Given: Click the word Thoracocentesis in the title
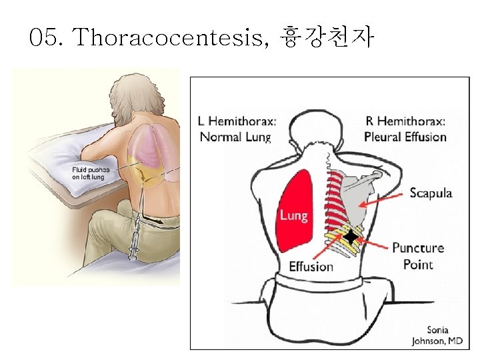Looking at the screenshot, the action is [171, 38].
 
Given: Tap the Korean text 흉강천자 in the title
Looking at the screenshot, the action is [327, 38].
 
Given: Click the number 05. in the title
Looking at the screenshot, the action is [47, 38].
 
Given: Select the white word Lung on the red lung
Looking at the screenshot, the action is [293, 215].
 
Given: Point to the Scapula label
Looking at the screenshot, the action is [431, 193].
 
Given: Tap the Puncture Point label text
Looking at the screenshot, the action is [418, 256].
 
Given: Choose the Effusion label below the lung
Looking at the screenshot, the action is [311, 267].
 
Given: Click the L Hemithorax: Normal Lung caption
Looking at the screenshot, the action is [237, 129].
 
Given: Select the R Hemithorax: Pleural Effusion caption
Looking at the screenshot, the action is [405, 129].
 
